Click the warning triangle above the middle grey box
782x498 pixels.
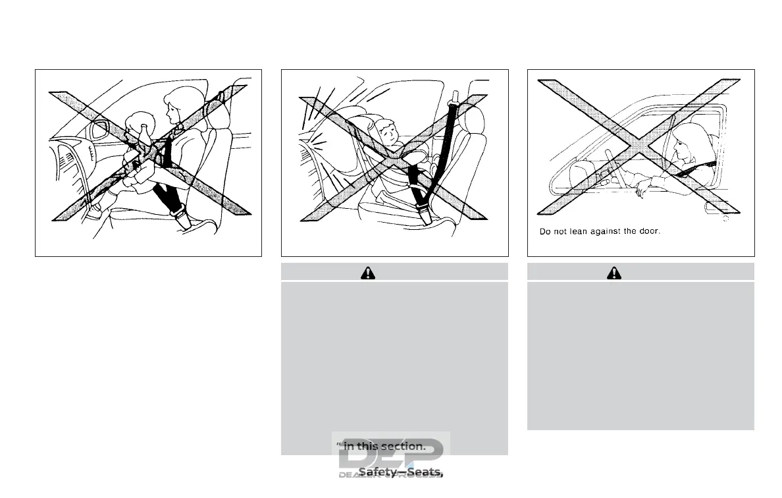coord(367,272)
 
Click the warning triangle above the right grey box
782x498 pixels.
coord(613,272)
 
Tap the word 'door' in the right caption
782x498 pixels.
coord(647,231)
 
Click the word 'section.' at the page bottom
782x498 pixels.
coord(403,446)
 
